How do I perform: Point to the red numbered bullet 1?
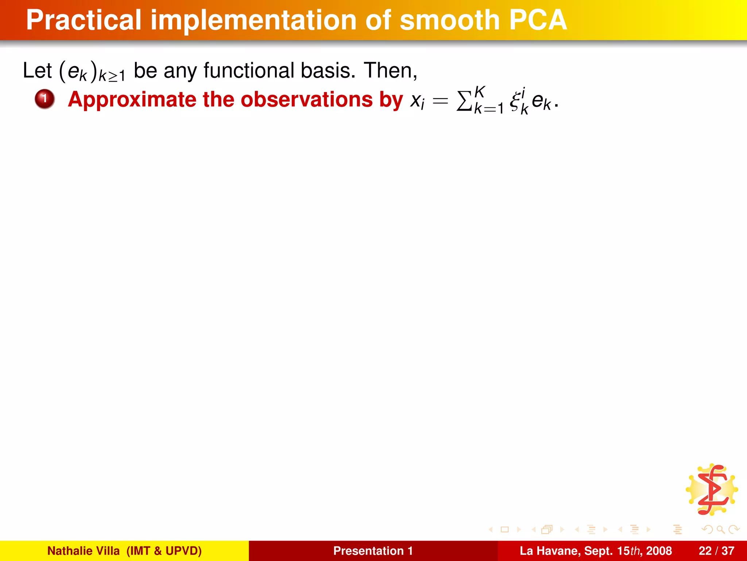pyautogui.click(x=44, y=99)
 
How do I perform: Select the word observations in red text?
pyautogui.click(x=306, y=100)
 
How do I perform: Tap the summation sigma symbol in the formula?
pyautogui.click(x=464, y=101)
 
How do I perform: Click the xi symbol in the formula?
pyautogui.click(x=515, y=102)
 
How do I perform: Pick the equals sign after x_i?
pyautogui.click(x=440, y=102)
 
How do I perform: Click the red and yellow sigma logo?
pyautogui.click(x=712, y=490)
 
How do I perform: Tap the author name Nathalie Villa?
pyautogui.click(x=83, y=551)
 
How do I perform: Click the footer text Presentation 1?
pyautogui.click(x=373, y=551)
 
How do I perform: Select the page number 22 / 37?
pyautogui.click(x=716, y=551)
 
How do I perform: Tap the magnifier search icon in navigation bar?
pyautogui.click(x=720, y=529)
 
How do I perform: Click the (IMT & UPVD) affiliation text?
pyautogui.click(x=164, y=551)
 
